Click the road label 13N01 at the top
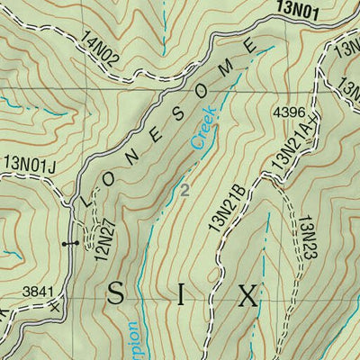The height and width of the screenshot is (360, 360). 293,11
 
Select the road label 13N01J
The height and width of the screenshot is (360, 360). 29,163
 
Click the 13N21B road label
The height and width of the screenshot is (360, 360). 228,210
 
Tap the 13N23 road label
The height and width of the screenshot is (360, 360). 309,236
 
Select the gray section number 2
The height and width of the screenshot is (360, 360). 184,190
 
